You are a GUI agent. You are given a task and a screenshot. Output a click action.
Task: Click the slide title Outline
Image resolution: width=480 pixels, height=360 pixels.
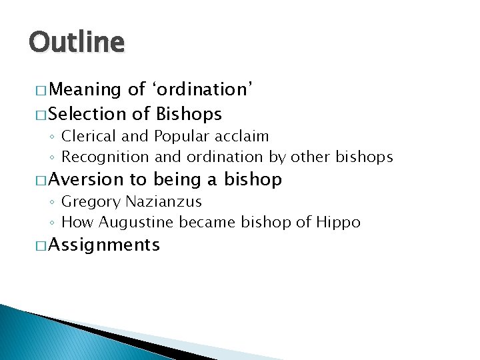tap(76, 43)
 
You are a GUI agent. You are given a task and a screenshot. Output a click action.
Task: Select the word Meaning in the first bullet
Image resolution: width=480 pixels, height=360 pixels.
tap(84, 89)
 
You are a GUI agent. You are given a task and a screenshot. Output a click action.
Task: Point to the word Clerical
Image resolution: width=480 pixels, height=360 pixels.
tap(88, 137)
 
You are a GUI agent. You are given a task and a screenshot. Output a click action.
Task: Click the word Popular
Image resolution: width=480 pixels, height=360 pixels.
tap(182, 137)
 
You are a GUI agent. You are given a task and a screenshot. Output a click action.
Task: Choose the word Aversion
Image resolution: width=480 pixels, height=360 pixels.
tap(86, 179)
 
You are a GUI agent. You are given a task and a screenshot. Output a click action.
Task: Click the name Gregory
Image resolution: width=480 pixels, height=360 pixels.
tap(89, 201)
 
